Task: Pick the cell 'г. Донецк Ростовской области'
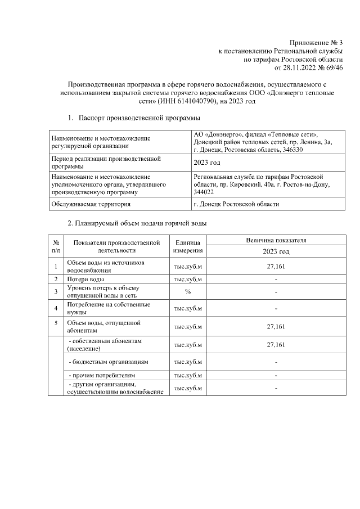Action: (x=236, y=204)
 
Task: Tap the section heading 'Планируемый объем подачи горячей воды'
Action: (x=137, y=223)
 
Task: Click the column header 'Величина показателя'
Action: (x=276, y=240)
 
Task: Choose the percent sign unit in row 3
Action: (x=188, y=291)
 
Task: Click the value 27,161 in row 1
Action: (x=276, y=266)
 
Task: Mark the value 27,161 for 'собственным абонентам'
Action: (x=276, y=345)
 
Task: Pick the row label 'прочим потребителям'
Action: (x=102, y=375)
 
